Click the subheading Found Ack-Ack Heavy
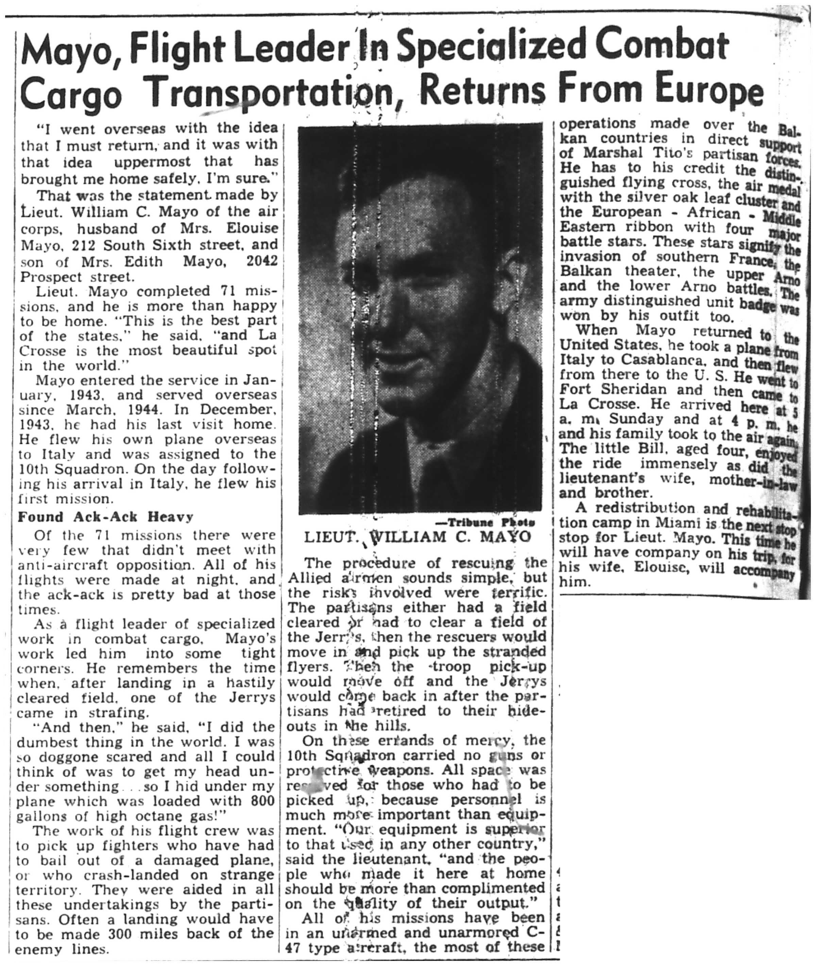coord(105,517)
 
